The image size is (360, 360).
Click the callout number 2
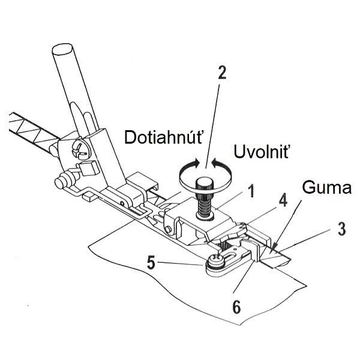(222, 73)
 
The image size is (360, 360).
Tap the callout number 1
(252, 191)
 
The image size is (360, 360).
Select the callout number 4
(283, 202)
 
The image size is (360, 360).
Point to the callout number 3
(341, 229)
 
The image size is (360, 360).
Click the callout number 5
(151, 263)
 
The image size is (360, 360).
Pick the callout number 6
(237, 307)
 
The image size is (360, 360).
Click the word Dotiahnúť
(163, 137)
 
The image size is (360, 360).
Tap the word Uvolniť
(261, 151)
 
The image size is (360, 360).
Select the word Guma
(326, 187)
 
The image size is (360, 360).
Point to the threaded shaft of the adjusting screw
(205, 205)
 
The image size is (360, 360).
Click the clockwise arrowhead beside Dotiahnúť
(195, 163)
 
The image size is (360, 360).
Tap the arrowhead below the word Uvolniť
(216, 163)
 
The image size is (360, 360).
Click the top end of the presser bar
(62, 49)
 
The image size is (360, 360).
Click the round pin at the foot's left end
(61, 182)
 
